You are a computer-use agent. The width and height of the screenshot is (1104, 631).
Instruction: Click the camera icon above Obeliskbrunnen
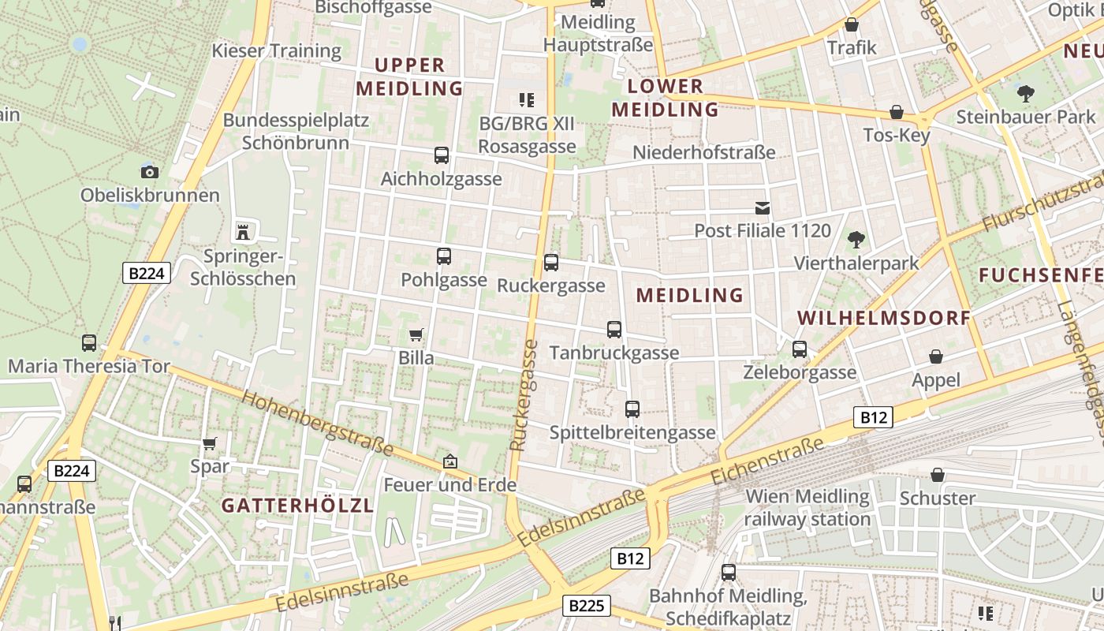pyautogui.click(x=149, y=172)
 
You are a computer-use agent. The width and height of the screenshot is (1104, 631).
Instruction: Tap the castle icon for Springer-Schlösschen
pyautogui.click(x=243, y=232)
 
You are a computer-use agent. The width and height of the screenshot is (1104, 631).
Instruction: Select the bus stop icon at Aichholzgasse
pyautogui.click(x=441, y=155)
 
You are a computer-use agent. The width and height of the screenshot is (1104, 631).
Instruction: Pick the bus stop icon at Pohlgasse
pyautogui.click(x=444, y=256)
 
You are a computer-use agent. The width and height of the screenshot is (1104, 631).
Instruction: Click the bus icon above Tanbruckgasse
pyautogui.click(x=614, y=330)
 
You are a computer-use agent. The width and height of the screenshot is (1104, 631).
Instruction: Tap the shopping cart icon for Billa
pyautogui.click(x=416, y=334)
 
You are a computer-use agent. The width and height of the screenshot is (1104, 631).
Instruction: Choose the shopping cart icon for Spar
pyautogui.click(x=210, y=443)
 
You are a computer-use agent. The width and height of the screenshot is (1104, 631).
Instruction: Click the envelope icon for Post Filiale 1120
pyautogui.click(x=763, y=208)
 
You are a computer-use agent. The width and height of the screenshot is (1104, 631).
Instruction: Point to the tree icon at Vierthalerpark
pyautogui.click(x=856, y=239)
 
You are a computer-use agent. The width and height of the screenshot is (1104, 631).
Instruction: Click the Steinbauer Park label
pyautogui.click(x=1026, y=117)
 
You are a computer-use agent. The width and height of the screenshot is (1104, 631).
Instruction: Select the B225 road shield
pyautogui.click(x=586, y=606)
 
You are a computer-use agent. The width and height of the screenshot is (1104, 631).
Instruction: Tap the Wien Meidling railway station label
pyautogui.click(x=807, y=508)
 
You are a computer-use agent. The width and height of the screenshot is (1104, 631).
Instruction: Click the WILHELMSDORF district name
pyautogui.click(x=884, y=318)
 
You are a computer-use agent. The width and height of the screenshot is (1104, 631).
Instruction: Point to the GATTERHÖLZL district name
pyautogui.click(x=297, y=506)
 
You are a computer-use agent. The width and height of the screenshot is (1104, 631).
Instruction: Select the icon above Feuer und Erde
pyautogui.click(x=449, y=461)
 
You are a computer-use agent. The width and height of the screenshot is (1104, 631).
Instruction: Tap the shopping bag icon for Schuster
pyautogui.click(x=938, y=475)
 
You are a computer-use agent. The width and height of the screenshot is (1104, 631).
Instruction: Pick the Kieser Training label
pyautogui.click(x=276, y=51)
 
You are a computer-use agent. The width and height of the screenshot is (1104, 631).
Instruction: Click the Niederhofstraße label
pyautogui.click(x=705, y=152)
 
